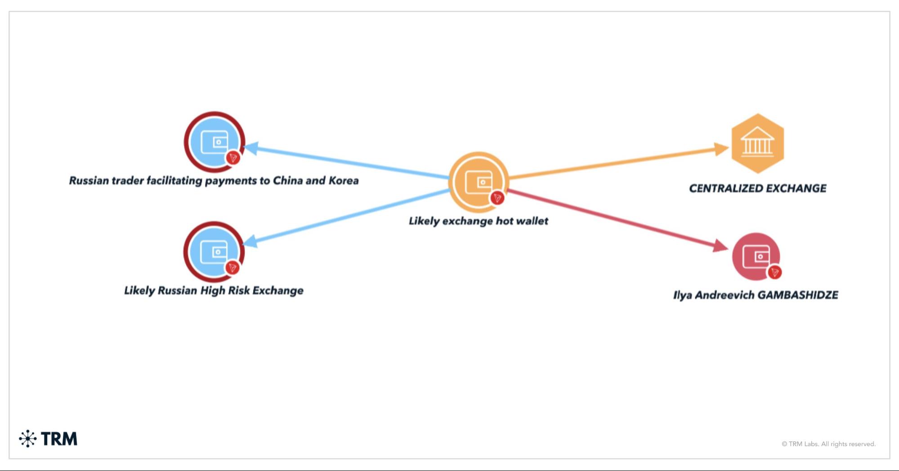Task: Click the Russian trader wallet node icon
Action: tap(215, 142)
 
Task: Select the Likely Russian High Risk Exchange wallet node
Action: tap(214, 251)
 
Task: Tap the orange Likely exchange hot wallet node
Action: tap(479, 182)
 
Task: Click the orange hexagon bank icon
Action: tap(757, 144)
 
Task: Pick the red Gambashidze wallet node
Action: tap(756, 256)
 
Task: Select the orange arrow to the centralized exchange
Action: tap(616, 162)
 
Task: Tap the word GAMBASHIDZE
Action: tap(797, 295)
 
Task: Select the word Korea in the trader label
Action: tap(344, 181)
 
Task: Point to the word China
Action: tap(287, 181)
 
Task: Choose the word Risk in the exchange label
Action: tap(238, 291)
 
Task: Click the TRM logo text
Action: tap(59, 439)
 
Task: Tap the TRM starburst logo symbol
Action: tap(28, 439)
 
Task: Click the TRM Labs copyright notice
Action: tap(828, 444)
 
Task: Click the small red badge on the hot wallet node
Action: tap(497, 198)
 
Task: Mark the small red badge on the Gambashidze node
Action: tap(774, 272)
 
